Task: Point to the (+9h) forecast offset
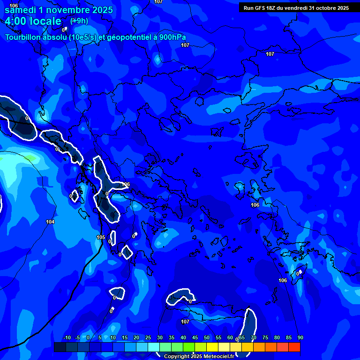[79, 21]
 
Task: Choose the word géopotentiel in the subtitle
[129, 37]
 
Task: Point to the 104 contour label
[50, 222]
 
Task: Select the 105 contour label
[101, 237]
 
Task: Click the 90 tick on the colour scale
[300, 337]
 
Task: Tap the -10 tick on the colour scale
[67, 337]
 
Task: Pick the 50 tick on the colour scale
[207, 337]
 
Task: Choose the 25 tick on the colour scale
[148, 337]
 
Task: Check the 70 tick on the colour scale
[254, 337]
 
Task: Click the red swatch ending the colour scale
[294, 347]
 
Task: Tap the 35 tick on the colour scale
[172, 337]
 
